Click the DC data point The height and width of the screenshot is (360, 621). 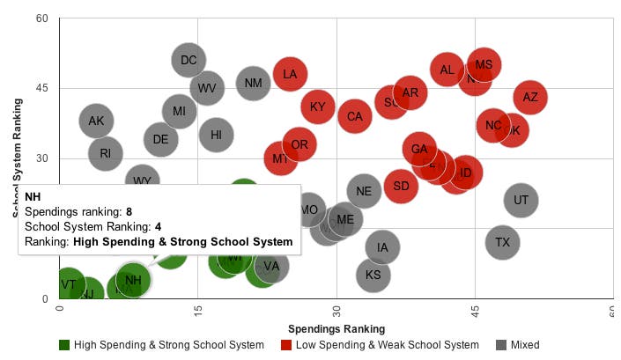click(x=189, y=61)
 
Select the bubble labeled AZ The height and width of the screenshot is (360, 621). click(x=530, y=98)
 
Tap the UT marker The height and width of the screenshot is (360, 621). click(x=521, y=201)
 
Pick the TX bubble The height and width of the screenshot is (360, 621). click(x=503, y=242)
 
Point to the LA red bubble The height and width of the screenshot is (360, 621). click(x=290, y=74)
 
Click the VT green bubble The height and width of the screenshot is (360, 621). click(x=69, y=285)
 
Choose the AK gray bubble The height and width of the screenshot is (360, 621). click(x=97, y=121)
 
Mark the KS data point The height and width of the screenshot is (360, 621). click(x=373, y=276)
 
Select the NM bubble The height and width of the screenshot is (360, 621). click(x=253, y=84)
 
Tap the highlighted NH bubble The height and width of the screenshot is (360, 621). click(x=133, y=281)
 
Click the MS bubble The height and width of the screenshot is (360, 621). click(x=484, y=65)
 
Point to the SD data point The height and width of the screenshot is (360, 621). click(x=401, y=187)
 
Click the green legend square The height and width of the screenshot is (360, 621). click(x=64, y=345)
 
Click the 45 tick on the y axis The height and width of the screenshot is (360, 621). click(x=41, y=89)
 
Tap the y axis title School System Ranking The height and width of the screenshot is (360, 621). click(x=17, y=158)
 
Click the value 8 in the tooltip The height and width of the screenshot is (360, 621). click(x=129, y=212)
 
